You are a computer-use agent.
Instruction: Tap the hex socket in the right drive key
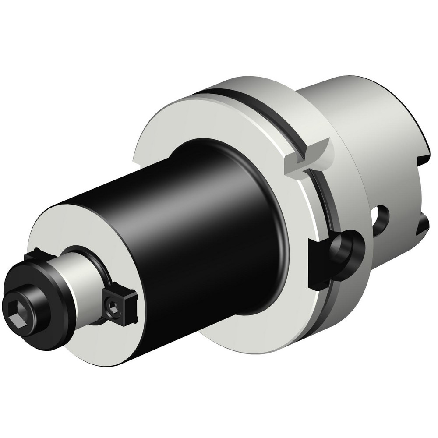[112, 305]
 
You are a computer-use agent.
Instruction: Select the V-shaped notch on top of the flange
[307, 158]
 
